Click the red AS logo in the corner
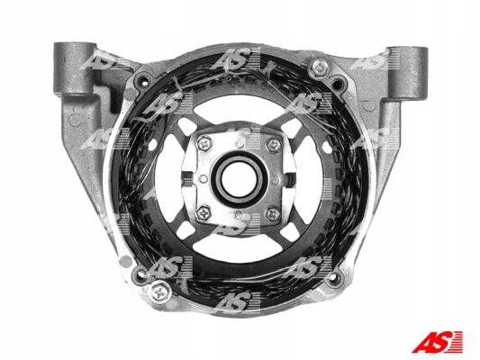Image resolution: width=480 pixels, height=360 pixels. click(437, 341)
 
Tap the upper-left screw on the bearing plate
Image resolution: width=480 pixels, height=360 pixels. click(204, 143)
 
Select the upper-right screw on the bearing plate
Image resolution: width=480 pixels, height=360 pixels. click(274, 144)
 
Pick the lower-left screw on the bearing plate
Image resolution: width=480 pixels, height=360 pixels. click(204, 213)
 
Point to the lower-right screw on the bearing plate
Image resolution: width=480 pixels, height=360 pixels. click(273, 213)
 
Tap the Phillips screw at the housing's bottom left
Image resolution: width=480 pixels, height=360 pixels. click(159, 292)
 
